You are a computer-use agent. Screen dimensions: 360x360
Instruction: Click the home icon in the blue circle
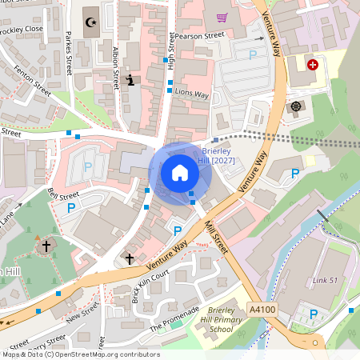pos(180,173)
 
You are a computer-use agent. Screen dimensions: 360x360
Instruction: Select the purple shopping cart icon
pos(222,18)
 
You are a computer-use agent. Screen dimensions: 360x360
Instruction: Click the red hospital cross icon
pos(312,64)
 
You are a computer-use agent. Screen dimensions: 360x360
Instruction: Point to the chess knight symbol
pos(130,80)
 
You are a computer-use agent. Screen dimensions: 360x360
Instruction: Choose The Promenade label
pos(174,319)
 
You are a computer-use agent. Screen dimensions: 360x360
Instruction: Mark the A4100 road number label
pos(261,310)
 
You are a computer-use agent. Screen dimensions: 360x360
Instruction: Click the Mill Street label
pos(216,237)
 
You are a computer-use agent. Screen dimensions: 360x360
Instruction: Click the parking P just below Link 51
pos(313,314)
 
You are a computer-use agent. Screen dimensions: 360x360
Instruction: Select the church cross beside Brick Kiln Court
pos(130,259)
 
